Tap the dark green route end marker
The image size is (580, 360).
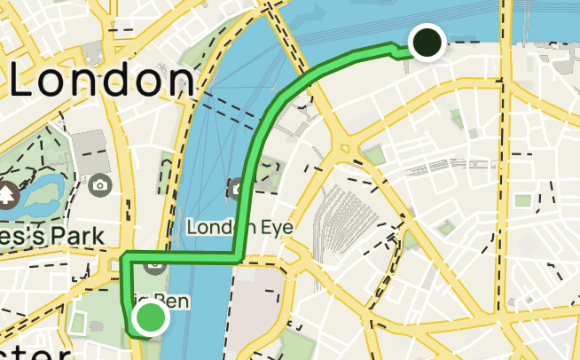pos(427,41)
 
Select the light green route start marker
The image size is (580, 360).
pos(150,317)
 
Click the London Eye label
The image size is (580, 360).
pos(239,228)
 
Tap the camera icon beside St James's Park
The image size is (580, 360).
pos(100,185)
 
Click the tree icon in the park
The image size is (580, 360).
pos(7,193)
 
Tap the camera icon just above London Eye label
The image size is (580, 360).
pos(237,188)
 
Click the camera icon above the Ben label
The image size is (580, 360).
pos(154,264)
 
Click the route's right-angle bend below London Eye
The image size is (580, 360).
pos(237,256)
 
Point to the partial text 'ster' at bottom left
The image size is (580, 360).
pos(35,353)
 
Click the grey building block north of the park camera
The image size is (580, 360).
pos(89,147)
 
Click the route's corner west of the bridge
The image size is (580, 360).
pos(125,259)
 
